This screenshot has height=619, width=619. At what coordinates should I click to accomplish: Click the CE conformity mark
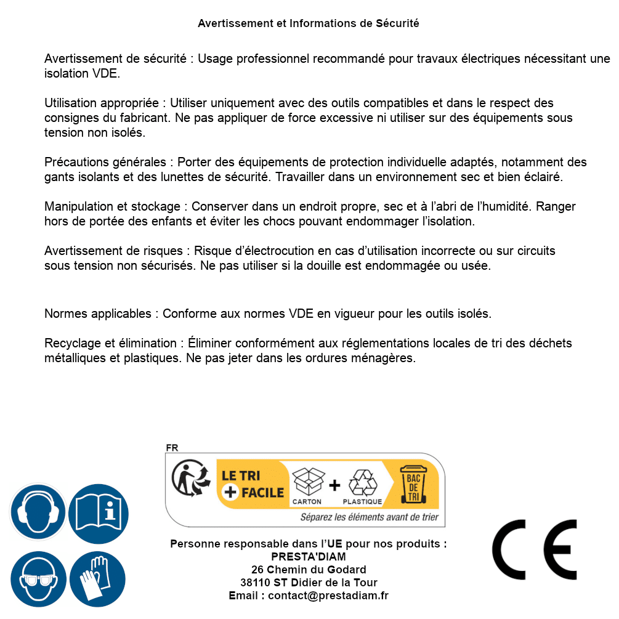(535, 549)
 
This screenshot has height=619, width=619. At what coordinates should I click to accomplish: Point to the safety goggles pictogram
(38, 580)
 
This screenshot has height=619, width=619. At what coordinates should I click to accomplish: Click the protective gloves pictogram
(99, 580)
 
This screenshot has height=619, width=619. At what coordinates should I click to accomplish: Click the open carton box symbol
(307, 482)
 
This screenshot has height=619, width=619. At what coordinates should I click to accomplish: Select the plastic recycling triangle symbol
(362, 482)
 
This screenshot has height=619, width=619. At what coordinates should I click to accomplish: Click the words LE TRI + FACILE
(253, 484)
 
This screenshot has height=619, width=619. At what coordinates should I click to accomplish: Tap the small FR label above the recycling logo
(172, 448)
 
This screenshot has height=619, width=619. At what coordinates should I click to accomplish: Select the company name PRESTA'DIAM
(309, 557)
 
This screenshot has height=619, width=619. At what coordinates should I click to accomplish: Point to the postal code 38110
(254, 583)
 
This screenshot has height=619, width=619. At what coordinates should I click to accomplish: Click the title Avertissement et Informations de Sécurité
(309, 23)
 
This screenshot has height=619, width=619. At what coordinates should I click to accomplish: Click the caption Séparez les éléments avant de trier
(369, 517)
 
